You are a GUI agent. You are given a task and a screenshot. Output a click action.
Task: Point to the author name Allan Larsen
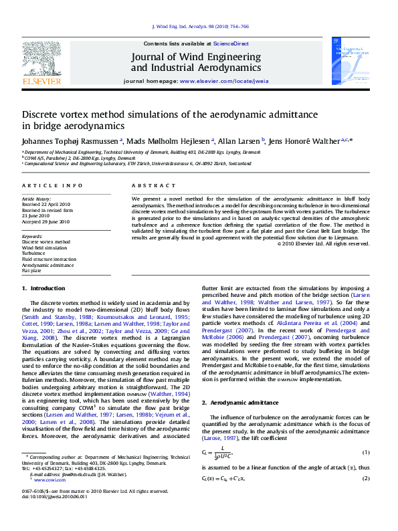tap(239, 141)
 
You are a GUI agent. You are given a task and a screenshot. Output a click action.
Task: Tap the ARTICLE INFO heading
tap(53, 185)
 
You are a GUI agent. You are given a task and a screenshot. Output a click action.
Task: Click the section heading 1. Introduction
tap(43, 288)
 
